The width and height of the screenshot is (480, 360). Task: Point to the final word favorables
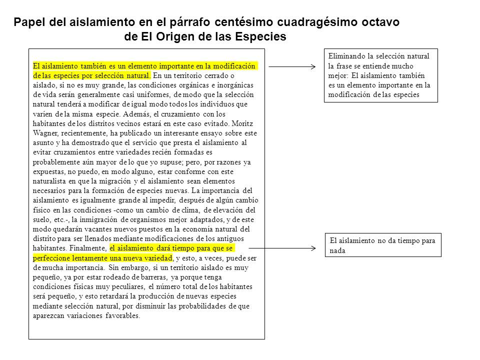pos(122,316)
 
